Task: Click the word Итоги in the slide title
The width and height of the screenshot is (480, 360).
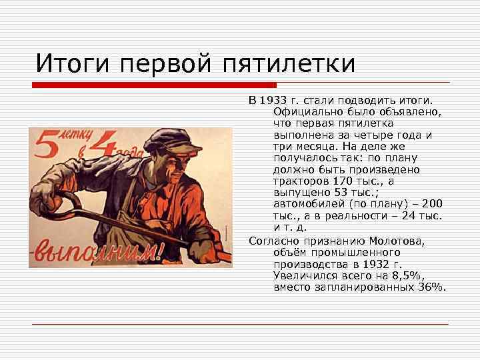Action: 73,65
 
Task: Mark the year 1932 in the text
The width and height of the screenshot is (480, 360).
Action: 388,264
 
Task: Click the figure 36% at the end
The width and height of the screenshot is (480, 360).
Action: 429,287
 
